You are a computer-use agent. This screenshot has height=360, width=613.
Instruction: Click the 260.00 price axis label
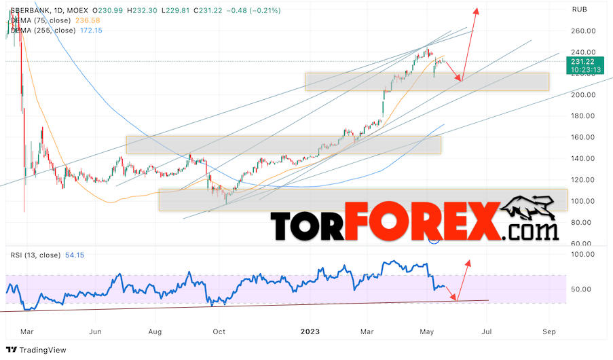[583, 31]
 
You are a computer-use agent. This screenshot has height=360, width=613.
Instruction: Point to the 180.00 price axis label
[583, 116]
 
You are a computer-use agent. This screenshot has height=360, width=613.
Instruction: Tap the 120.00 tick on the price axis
[583, 180]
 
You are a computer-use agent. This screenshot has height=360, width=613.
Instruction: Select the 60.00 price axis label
[583, 243]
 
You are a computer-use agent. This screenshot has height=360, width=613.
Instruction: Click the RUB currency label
[580, 10]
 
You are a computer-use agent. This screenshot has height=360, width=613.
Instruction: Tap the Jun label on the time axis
[96, 332]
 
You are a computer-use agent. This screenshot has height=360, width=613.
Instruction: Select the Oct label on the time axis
[219, 332]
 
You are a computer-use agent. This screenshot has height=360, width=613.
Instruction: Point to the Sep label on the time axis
[549, 332]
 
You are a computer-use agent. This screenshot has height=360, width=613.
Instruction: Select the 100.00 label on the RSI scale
[583, 254]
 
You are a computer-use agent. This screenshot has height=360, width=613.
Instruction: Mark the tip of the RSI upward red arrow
[468, 260]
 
